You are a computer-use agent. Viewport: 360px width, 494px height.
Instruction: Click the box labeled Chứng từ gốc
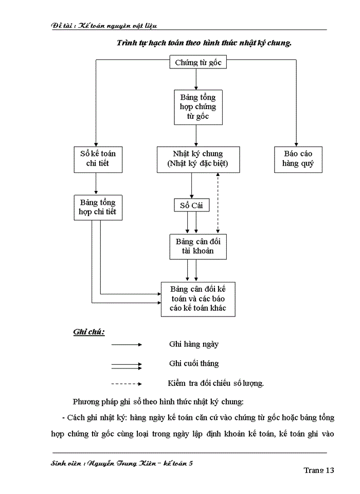pos(197,63)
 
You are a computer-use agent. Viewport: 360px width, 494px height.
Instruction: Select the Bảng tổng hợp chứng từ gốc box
pos(198,107)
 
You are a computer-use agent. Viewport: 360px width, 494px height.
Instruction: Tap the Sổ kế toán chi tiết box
pos(98,159)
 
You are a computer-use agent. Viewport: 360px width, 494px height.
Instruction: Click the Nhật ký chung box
pos(197,159)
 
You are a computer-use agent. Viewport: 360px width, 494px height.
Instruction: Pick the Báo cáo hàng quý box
pos(298,159)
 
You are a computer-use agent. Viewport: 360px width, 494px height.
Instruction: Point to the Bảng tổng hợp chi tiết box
pos(98,207)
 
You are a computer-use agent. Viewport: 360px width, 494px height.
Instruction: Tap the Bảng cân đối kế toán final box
pos(198,298)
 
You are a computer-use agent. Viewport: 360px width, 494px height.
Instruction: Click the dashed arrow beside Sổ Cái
pos(218,203)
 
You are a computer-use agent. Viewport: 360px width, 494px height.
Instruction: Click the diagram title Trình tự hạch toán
pos(204,43)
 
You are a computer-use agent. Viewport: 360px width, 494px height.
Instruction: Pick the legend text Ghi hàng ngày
pos(194,344)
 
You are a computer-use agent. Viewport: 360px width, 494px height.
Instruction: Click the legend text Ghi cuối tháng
pos(194,363)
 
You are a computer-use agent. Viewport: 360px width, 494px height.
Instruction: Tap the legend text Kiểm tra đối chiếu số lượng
pos(216,383)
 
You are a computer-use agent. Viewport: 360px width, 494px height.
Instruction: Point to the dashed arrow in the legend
pos(127,383)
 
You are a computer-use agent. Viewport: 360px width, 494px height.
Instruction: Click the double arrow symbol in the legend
pos(127,365)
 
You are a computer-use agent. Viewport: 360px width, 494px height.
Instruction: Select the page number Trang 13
pos(319,470)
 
